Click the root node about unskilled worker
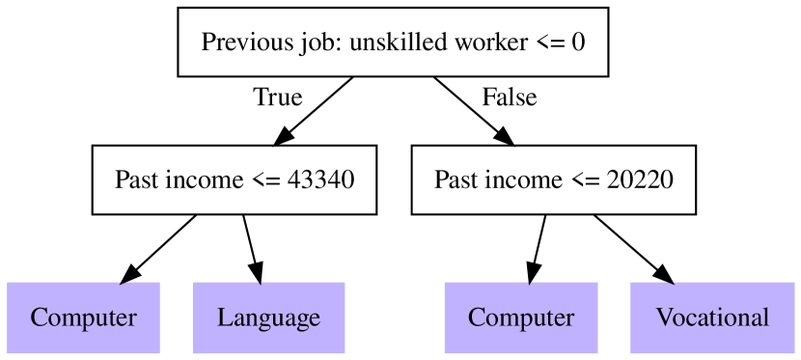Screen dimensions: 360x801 (x=393, y=42)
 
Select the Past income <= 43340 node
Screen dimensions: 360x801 (x=235, y=180)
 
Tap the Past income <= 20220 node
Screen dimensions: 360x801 (x=554, y=180)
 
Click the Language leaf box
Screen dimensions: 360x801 (x=268, y=318)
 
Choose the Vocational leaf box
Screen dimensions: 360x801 (x=712, y=318)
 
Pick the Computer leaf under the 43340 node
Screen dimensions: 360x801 (x=83, y=318)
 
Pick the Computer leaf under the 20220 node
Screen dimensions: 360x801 (x=521, y=318)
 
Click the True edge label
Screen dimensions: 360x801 (x=277, y=97)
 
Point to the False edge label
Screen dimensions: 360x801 (x=509, y=97)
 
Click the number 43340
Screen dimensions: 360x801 (x=321, y=180)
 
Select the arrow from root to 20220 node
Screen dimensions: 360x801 (x=473, y=111)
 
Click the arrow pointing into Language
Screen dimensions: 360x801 (x=253, y=249)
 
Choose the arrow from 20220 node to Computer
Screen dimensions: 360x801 (x=539, y=249)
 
